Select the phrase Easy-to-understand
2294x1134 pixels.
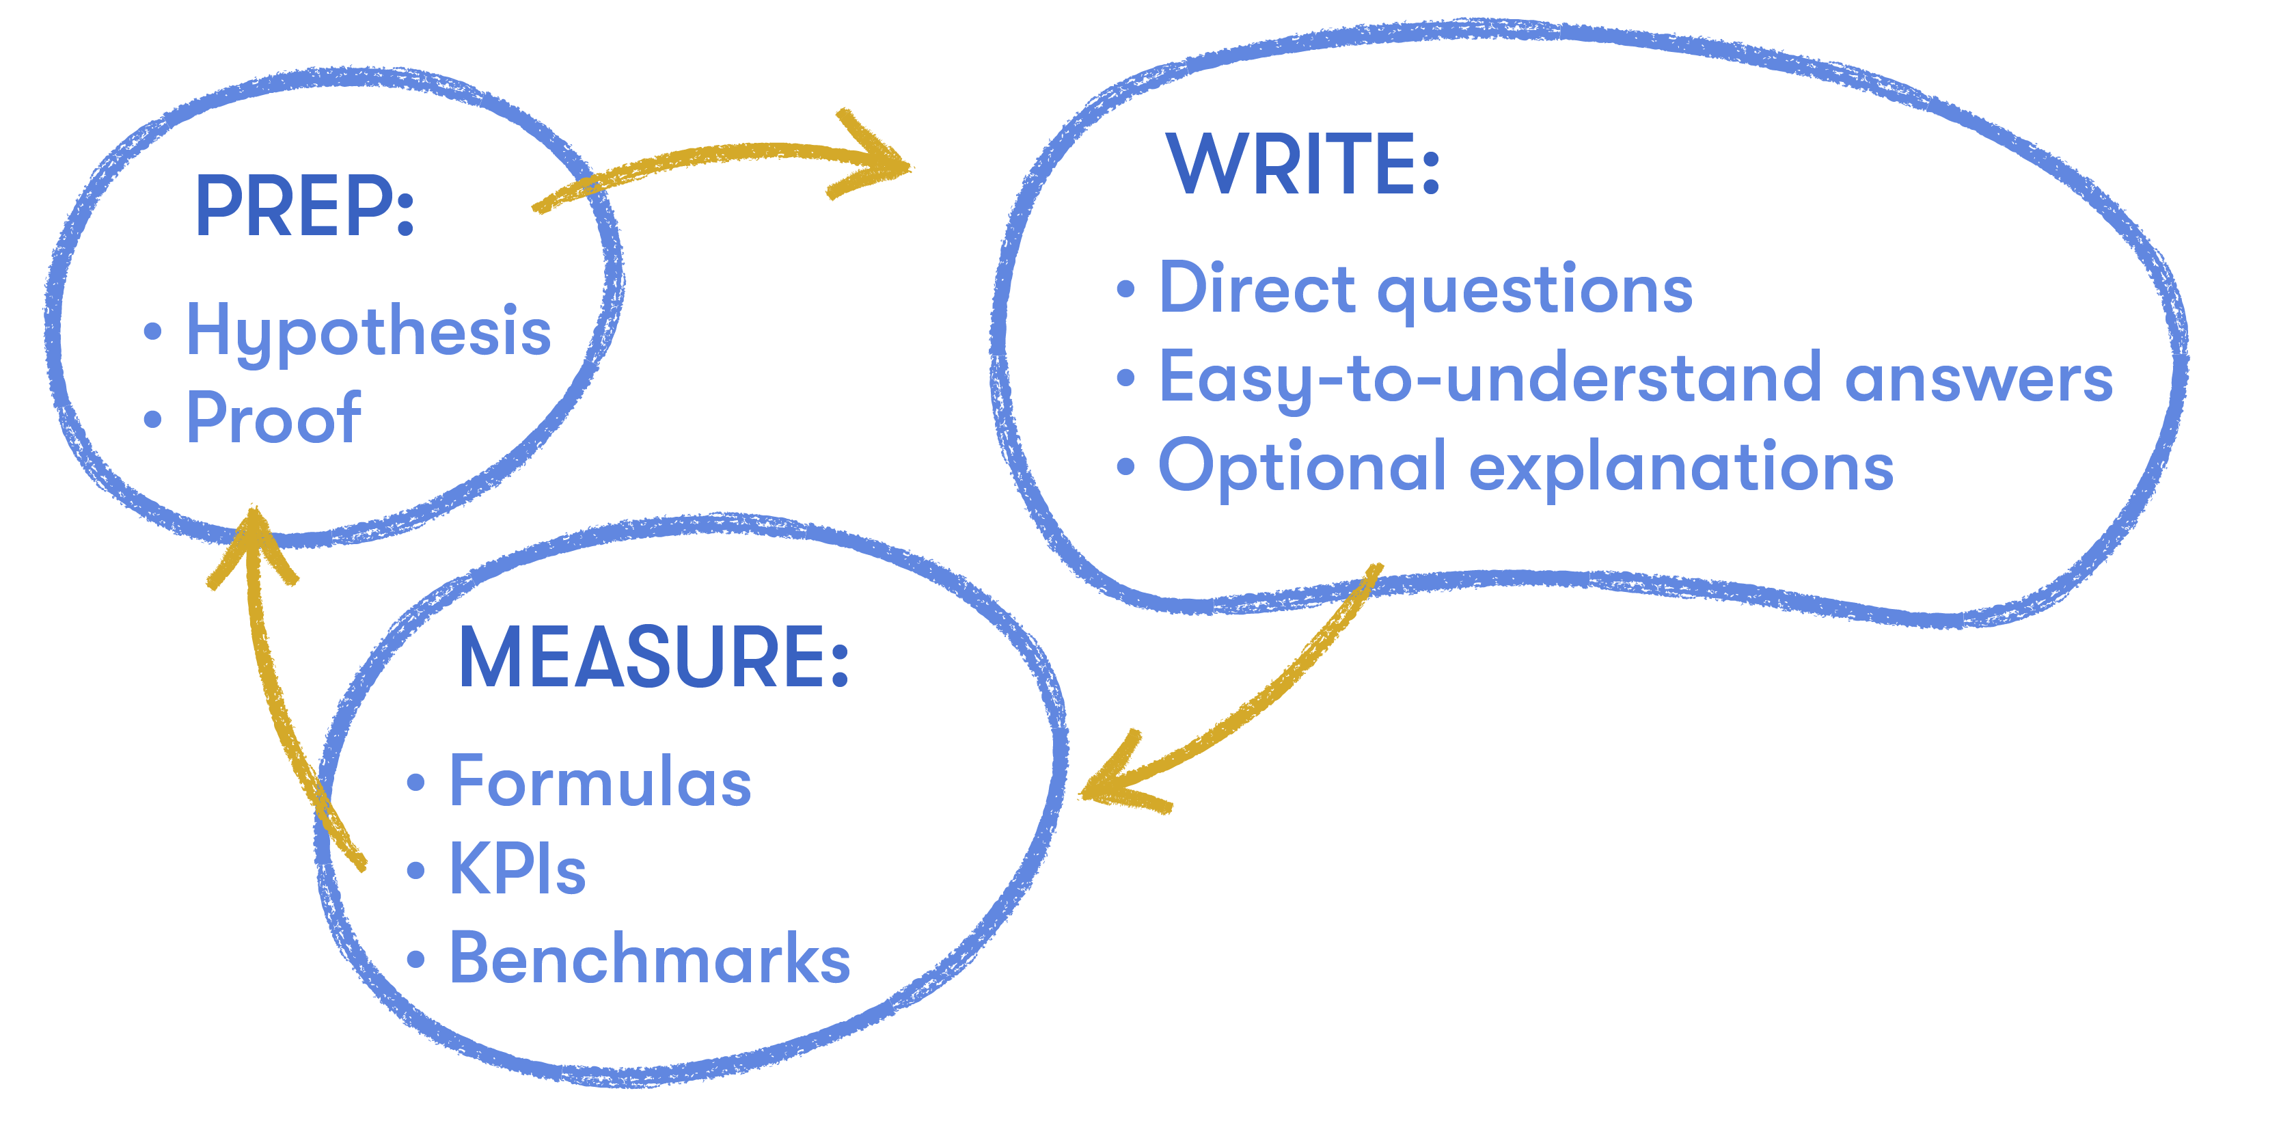click(1490, 379)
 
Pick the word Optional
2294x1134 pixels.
click(1302, 467)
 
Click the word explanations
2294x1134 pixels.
click(1681, 467)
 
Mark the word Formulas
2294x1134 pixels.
click(600, 782)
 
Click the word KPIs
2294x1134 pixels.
click(517, 869)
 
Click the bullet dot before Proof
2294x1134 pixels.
click(152, 419)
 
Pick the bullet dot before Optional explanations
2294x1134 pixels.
click(1125, 467)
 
